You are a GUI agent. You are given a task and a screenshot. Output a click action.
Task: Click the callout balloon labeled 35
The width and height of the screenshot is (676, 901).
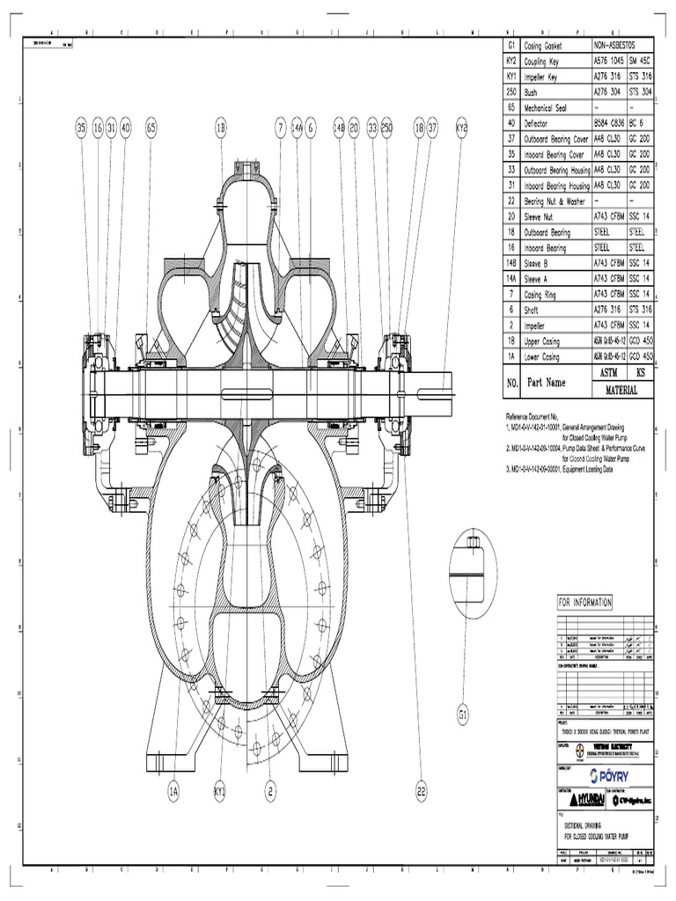(81, 128)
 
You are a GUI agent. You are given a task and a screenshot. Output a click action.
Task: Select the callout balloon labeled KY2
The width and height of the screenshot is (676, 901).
(461, 128)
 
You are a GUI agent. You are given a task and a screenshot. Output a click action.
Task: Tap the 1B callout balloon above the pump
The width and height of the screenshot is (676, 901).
(221, 128)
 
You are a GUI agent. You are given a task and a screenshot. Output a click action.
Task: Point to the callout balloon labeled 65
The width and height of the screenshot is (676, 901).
(151, 128)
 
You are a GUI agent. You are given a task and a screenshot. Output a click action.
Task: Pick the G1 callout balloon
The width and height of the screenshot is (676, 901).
(465, 713)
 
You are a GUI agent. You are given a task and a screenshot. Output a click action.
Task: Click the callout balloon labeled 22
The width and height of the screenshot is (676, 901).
(422, 791)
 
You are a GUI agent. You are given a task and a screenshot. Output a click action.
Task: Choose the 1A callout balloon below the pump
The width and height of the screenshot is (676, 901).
(174, 791)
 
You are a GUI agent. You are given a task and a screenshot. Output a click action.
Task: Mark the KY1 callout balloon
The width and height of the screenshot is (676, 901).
(219, 791)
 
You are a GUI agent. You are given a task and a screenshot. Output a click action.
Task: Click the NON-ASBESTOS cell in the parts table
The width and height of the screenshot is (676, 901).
(622, 46)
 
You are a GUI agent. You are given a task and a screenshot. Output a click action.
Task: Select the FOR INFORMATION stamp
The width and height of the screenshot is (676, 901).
(584, 603)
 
